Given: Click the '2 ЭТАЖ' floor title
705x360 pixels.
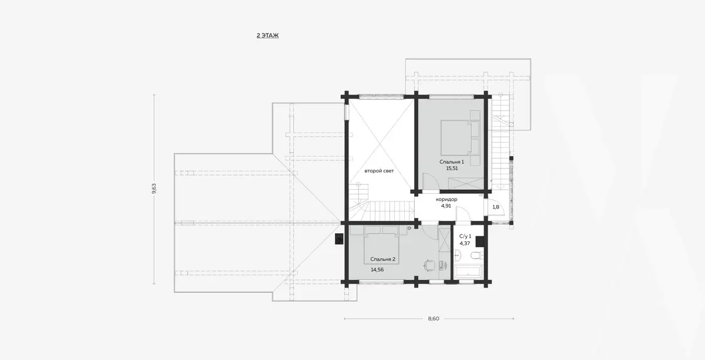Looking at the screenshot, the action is [267, 36].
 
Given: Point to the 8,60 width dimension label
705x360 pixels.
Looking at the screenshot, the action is [434, 318].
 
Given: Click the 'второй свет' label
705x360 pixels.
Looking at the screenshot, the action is [379, 171].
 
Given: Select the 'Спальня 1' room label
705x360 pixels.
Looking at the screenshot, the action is [452, 162].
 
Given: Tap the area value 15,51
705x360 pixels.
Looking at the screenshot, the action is [452, 169].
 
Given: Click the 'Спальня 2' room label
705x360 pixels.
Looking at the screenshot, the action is [382, 260].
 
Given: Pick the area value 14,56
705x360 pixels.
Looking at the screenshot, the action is [377, 270].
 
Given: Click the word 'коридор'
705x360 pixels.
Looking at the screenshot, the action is [446, 200].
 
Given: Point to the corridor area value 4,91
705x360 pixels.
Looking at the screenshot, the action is [446, 206].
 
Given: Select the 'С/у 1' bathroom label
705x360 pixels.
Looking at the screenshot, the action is [465, 236].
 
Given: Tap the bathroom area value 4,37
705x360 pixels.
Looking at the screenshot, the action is [465, 243].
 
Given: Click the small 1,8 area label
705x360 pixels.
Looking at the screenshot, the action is [496, 207].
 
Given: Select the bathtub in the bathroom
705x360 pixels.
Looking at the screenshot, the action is [468, 272].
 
